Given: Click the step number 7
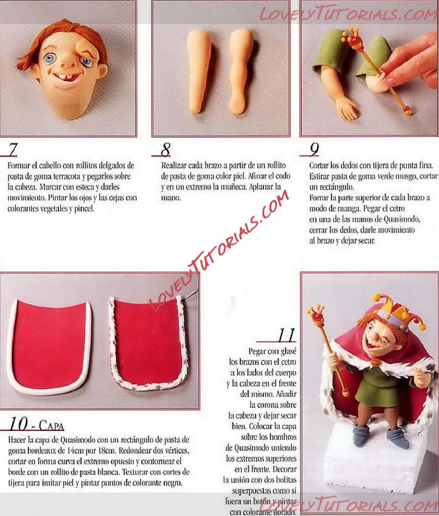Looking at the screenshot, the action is click(13, 150).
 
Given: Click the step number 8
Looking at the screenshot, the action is click(165, 150).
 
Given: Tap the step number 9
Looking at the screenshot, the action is click(315, 150).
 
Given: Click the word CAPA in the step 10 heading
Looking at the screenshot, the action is click(51, 426).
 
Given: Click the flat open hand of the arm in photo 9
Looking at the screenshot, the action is click(346, 109).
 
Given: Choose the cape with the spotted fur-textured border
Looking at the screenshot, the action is click(148, 343).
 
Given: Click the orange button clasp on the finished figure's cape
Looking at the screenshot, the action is click(375, 363).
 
